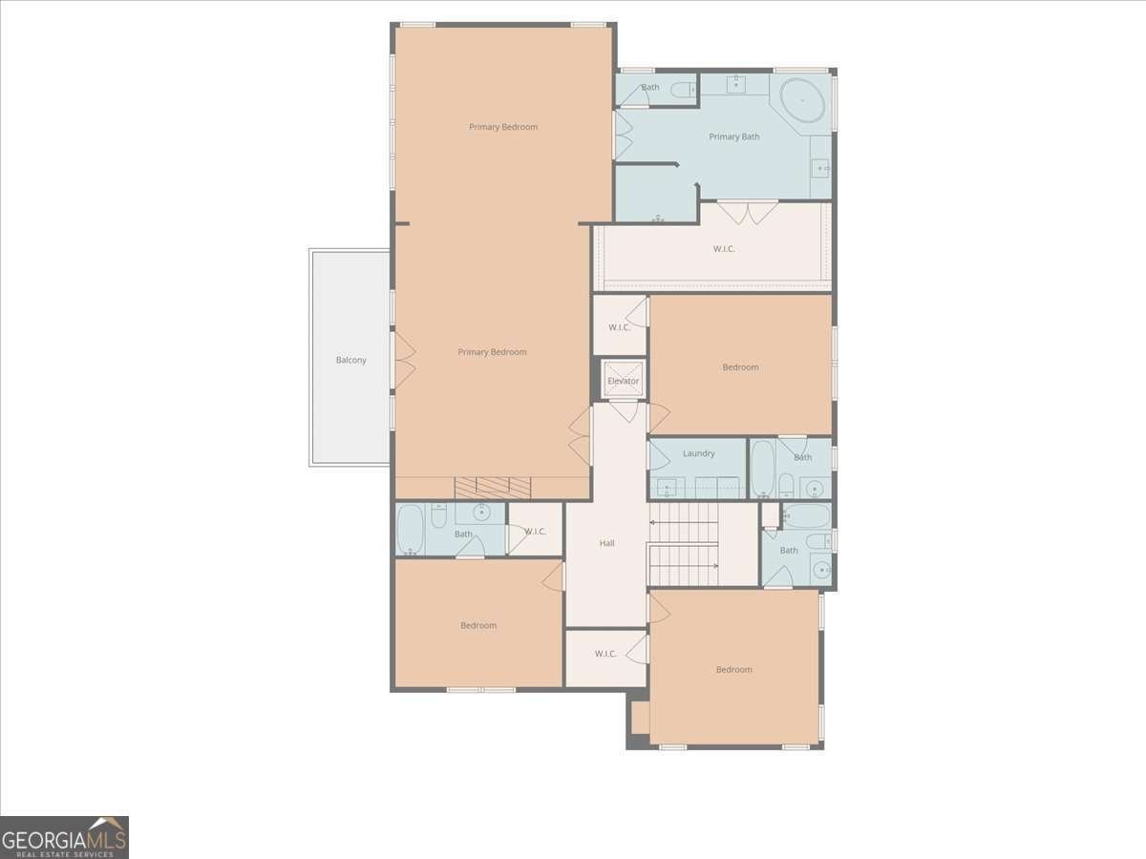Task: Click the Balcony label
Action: (350, 360)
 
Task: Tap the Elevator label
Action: (623, 381)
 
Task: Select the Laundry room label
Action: (698, 453)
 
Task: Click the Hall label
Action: (606, 543)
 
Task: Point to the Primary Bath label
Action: (734, 136)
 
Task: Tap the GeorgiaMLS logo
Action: (64, 837)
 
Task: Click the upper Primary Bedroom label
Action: (502, 127)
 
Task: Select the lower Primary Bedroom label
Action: (492, 352)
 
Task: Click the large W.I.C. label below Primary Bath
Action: (724, 249)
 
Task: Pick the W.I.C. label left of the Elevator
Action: (619, 327)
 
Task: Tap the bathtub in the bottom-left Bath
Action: (410, 530)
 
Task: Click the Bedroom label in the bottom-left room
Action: (478, 625)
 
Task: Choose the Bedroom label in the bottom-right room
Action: (733, 669)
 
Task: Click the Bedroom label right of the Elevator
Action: (740, 367)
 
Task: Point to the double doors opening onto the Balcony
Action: (402, 359)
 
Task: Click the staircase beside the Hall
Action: (684, 544)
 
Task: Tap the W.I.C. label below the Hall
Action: (605, 654)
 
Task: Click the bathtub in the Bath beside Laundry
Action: (762, 468)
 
